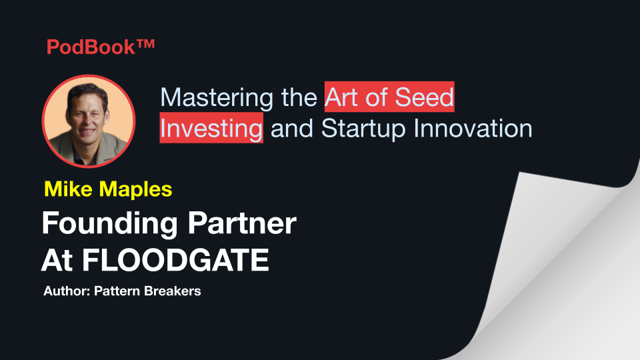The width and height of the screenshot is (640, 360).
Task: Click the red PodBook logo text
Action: click(x=101, y=47)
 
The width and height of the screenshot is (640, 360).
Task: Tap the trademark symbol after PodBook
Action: click(x=145, y=43)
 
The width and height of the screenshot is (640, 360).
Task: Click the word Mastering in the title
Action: click(x=217, y=98)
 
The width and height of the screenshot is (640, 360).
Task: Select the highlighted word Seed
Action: click(x=424, y=97)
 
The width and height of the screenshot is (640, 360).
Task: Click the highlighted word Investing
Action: click(x=211, y=129)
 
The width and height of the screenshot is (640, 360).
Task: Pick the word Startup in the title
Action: click(x=363, y=129)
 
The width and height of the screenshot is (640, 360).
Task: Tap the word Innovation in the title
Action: click(x=473, y=128)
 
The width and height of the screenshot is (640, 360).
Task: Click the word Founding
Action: click(x=110, y=224)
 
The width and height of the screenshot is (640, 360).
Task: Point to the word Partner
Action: click(x=242, y=223)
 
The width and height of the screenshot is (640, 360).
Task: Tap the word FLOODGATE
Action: click(x=175, y=260)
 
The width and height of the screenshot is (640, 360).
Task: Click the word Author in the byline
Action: click(x=67, y=291)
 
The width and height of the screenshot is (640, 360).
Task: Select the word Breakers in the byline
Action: click(x=173, y=291)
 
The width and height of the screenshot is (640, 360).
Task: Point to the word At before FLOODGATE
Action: click(x=57, y=260)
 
